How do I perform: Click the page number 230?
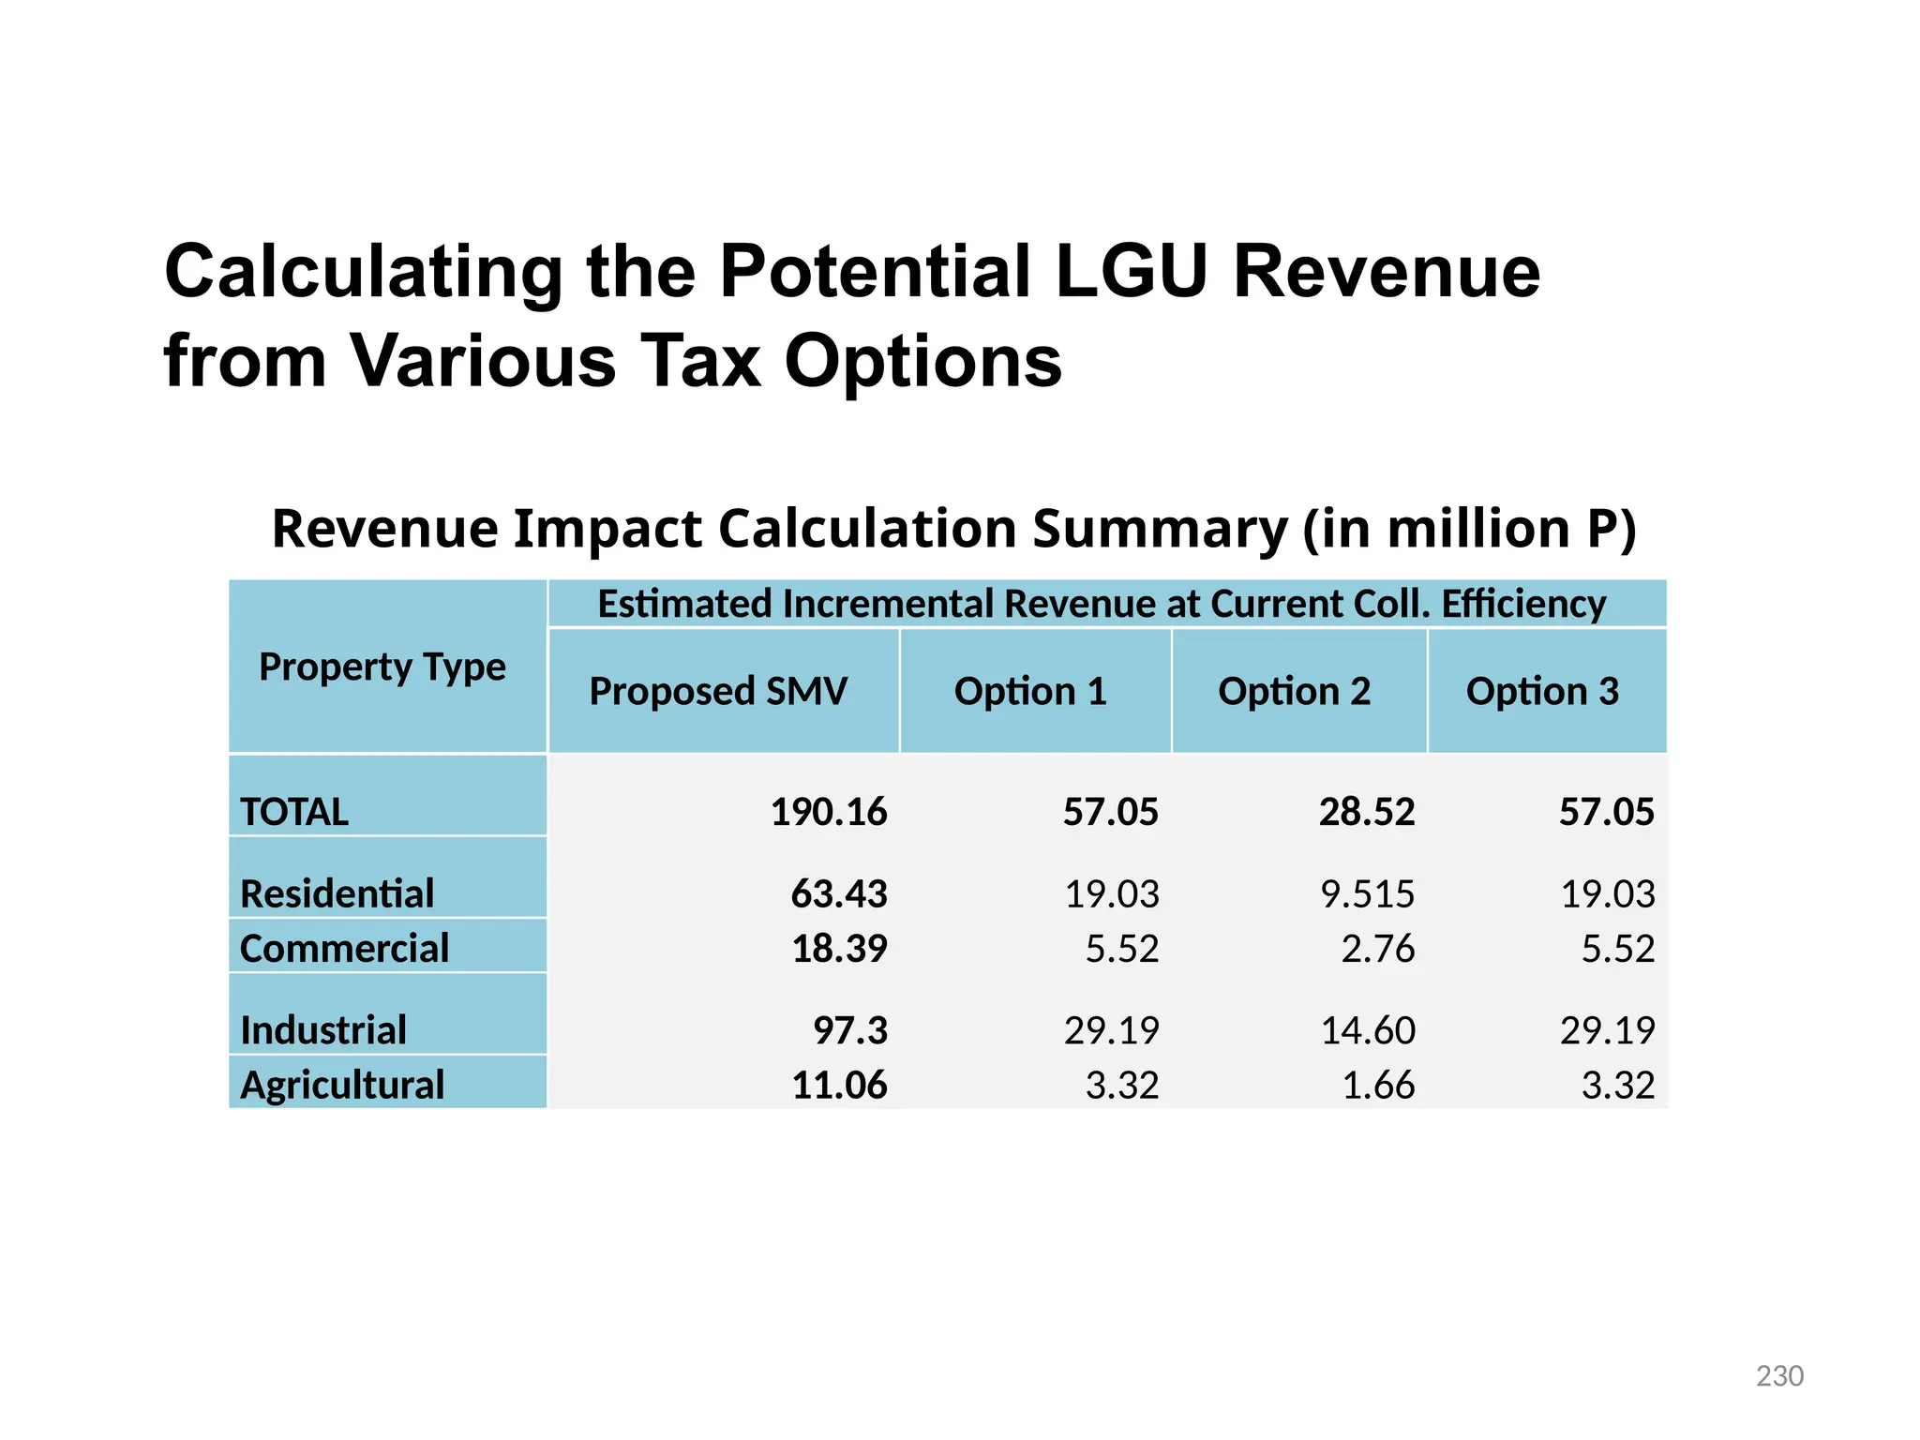pos(1778,1375)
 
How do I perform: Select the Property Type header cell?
pos(382,667)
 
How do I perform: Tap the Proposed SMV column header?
pos(718,691)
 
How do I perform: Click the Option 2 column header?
pos(1294,691)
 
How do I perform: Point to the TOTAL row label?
pos(294,812)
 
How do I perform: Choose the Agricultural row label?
pos(342,1085)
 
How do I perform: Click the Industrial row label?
pos(323,1030)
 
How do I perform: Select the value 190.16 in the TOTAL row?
pos(828,812)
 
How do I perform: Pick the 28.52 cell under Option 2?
pos(1366,812)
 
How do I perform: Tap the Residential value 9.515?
pos(1367,893)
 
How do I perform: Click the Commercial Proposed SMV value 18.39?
pos(839,949)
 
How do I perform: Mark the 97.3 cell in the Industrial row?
pos(849,1030)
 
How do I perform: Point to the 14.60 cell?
pos(1367,1030)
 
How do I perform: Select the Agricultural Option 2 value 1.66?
pos(1377,1085)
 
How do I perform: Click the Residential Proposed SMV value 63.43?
pos(839,893)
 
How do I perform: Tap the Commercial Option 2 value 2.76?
pos(1377,949)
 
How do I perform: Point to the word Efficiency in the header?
pos(1523,604)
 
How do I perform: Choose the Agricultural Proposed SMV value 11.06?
pos(839,1085)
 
